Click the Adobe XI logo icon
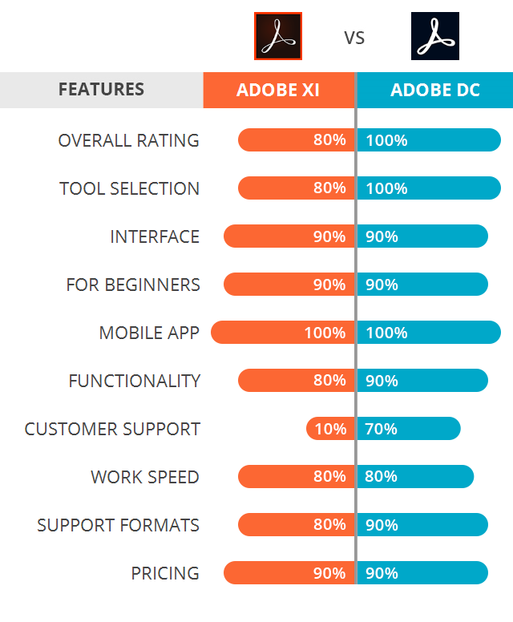point(277,36)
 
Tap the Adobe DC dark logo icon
point(435,36)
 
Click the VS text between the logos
point(354,38)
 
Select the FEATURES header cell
point(101,90)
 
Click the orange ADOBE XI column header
point(278,90)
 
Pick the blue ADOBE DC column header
point(434,90)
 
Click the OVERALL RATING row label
point(128,140)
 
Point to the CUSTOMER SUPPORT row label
point(112,429)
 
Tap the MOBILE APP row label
point(149,333)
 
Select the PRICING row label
point(165,573)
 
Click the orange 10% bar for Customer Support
point(330,429)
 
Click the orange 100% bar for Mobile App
point(282,333)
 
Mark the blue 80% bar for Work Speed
point(415,477)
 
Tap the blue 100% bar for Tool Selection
point(429,188)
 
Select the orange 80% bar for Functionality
point(296,381)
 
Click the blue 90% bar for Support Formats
point(422,525)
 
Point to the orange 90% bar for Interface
point(289,236)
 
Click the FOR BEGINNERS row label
point(133,285)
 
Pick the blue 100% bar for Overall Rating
point(429,140)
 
